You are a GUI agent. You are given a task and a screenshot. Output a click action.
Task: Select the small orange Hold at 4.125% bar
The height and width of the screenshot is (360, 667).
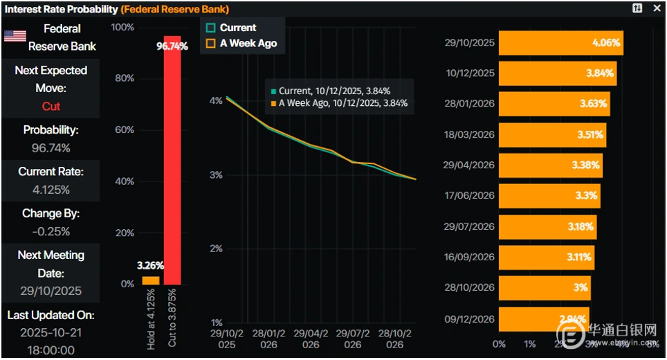(x=151, y=280)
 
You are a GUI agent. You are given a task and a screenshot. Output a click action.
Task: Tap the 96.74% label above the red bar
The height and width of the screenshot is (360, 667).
(x=172, y=46)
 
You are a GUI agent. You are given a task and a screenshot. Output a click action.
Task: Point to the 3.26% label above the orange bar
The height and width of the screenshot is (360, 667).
(x=151, y=264)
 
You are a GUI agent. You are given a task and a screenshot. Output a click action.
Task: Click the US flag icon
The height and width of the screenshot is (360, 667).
(x=15, y=37)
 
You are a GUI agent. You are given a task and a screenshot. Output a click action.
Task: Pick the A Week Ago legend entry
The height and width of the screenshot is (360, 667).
(x=241, y=43)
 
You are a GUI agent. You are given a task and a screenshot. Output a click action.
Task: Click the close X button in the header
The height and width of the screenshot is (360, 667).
(x=657, y=8)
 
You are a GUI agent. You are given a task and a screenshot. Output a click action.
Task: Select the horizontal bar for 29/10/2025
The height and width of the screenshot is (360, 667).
(x=560, y=43)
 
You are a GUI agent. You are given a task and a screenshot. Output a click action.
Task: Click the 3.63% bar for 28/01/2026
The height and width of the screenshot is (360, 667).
(x=554, y=104)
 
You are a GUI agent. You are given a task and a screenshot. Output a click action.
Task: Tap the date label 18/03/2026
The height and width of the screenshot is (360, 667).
(x=470, y=134)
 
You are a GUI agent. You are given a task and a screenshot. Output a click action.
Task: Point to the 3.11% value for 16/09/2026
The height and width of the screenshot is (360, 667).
(x=579, y=257)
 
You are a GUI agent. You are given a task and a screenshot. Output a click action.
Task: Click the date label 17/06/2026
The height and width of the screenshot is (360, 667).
(x=470, y=196)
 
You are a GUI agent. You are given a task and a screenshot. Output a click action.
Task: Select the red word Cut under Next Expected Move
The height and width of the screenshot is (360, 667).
(x=51, y=107)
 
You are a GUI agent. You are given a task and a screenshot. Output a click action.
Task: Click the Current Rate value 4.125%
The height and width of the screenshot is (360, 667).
(x=51, y=189)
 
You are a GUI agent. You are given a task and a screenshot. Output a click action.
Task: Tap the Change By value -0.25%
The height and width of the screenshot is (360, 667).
(x=51, y=231)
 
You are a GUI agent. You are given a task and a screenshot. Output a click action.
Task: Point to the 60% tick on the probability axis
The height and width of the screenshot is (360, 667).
(x=124, y=130)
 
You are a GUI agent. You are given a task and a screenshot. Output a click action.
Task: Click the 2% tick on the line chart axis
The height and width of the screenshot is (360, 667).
(x=217, y=249)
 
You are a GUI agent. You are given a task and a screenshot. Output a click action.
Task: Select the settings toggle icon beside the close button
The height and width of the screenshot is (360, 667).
(x=637, y=8)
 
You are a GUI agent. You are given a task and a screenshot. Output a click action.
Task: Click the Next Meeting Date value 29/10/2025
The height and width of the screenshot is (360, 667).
(x=51, y=291)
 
